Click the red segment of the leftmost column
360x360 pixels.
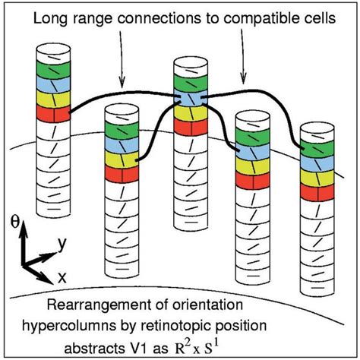point(53,114)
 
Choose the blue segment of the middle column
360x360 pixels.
point(190,97)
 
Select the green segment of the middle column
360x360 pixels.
point(190,81)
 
